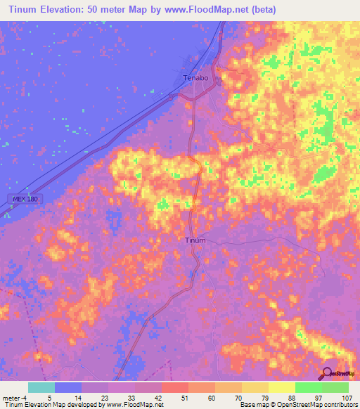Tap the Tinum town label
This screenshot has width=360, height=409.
[x=195, y=240]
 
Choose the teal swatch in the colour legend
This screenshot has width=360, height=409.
[x=41, y=387]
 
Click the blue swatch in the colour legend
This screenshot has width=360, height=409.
[x=68, y=387]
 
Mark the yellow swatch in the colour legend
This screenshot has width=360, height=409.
[x=282, y=387]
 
